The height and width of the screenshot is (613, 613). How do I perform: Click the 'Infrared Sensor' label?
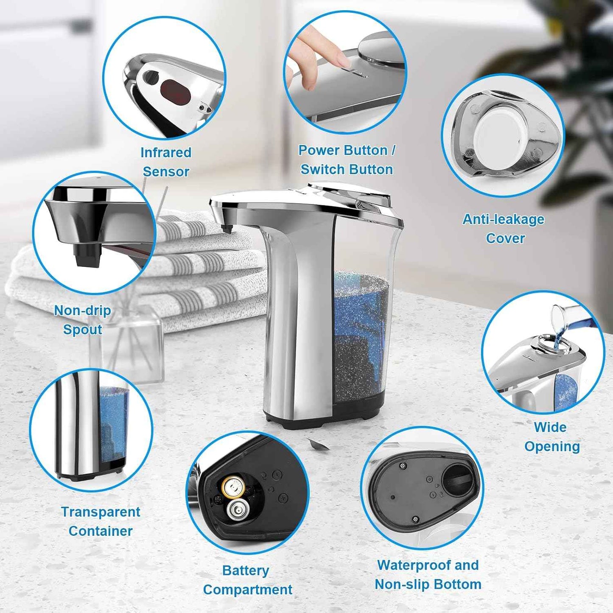coord(166,162)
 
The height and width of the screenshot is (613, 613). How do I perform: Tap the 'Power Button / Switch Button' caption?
coord(346,160)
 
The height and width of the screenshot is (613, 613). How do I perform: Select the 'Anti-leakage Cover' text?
coord(504,228)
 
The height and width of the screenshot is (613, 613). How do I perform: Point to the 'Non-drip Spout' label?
coord(83,319)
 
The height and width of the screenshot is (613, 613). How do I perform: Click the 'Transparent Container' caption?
coord(101,521)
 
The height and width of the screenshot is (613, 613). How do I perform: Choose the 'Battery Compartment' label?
coord(247,579)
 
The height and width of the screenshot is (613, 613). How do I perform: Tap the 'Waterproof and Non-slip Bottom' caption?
coord(428,574)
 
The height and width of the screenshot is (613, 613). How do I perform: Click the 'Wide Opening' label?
coord(551,437)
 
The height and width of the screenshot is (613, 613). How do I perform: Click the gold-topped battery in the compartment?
coord(233,487)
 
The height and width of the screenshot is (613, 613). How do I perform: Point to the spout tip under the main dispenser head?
coord(227,229)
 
